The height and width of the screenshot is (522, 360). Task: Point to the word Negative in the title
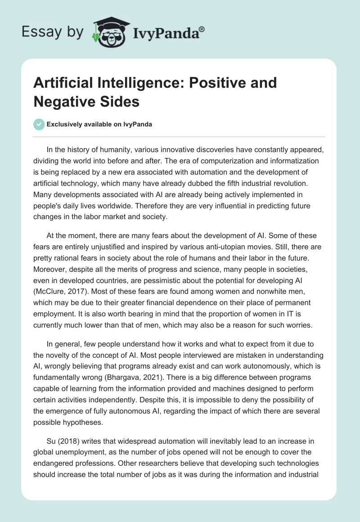[58, 101]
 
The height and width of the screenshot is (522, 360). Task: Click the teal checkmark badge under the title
[39, 124]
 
